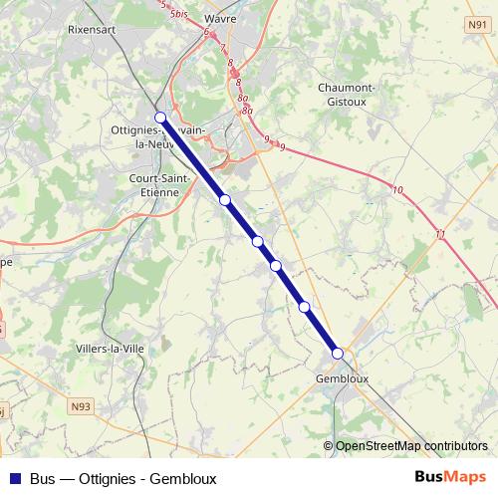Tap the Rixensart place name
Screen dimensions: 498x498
[95, 30]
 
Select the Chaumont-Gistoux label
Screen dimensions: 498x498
[346, 95]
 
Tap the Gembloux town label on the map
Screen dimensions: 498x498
[342, 378]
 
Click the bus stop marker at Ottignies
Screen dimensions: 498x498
[160, 118]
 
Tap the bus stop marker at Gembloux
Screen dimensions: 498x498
[338, 354]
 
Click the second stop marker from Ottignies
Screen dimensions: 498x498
[225, 200]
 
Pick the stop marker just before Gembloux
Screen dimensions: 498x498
[304, 307]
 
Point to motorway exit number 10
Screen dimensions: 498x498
[398, 189]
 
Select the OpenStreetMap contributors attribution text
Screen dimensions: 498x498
[411, 446]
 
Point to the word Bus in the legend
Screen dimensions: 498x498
[44, 478]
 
